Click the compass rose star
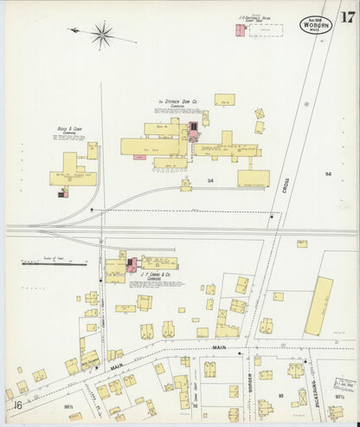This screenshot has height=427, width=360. [x=102, y=35]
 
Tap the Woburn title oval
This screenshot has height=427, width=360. [x=316, y=24]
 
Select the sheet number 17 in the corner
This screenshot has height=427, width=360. [x=346, y=16]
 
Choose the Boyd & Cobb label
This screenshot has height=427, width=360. [x=71, y=133]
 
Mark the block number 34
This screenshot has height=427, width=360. [x=211, y=180]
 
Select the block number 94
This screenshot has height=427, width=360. [x=328, y=174]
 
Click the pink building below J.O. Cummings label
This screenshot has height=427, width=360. [x=239, y=31]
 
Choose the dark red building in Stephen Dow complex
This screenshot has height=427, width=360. [x=194, y=131]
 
